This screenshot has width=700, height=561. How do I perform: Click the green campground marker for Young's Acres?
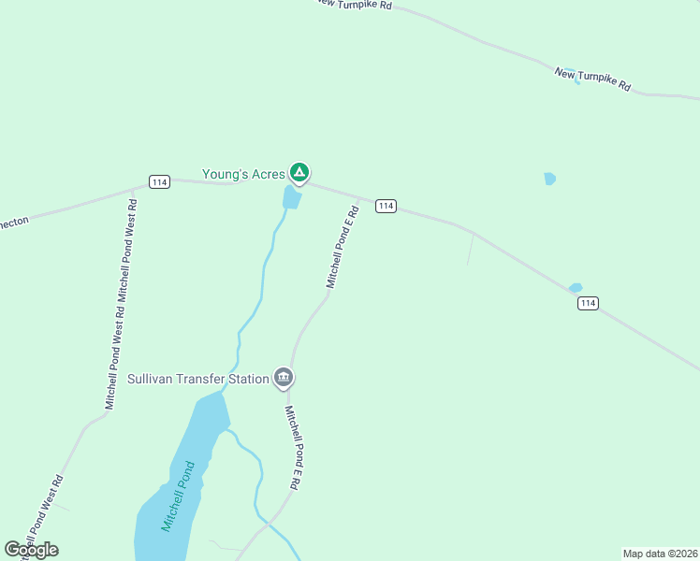coord(299,172)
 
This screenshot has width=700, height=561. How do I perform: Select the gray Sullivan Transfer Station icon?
coord(284,378)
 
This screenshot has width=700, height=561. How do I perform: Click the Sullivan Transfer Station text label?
coord(197,380)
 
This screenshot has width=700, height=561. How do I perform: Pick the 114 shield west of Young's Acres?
coord(159,181)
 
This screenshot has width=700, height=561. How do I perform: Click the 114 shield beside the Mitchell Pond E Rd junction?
coord(386,206)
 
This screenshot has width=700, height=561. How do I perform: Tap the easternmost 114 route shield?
coord(588,303)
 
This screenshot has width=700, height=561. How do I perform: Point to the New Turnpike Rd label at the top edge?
coord(354,5)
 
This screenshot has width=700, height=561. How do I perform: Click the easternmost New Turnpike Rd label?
coord(592,79)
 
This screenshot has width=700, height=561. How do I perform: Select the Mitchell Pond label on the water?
coord(177,496)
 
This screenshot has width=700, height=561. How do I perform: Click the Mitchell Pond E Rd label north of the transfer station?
coord(343,247)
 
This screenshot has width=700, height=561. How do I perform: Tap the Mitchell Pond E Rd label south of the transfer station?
coord(293,447)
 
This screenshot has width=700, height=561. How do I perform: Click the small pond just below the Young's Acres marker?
coord(292,197)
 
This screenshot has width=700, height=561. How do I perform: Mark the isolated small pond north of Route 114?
coord(549,178)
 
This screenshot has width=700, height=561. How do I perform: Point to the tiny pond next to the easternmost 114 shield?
coord(576,288)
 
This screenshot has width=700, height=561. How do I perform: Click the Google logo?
coord(31,550)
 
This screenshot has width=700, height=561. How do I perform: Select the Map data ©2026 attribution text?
coord(660,554)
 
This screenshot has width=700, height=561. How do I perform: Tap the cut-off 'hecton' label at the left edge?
coord(14,223)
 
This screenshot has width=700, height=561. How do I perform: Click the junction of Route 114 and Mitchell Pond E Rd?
coord(360,199)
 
